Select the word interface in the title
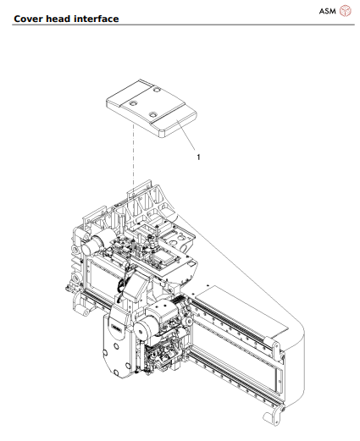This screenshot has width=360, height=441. tap(98, 19)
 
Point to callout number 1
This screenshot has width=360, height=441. tap(198, 157)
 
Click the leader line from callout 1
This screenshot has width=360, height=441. tap(188, 136)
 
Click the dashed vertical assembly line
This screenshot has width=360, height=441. tap(133, 169)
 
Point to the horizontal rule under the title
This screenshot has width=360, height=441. tap(180, 25)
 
